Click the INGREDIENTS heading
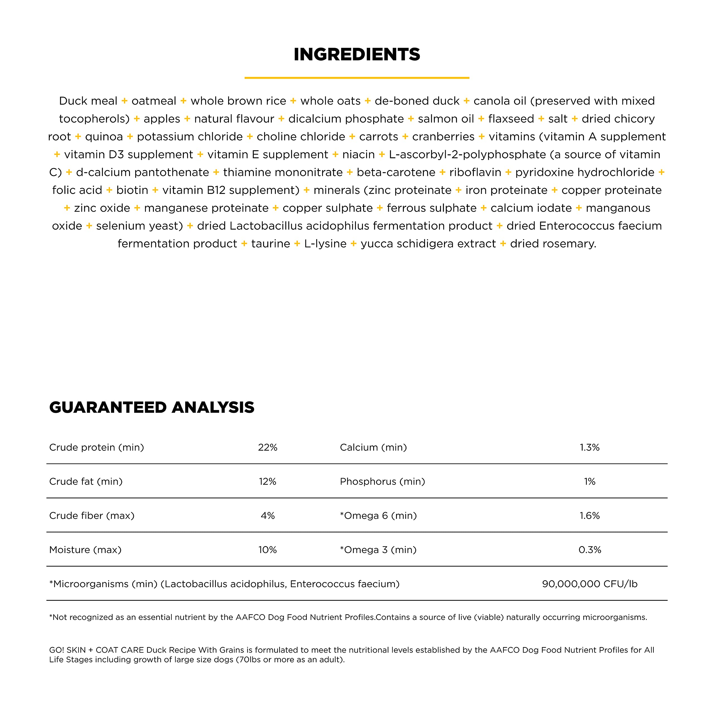tap(357, 54)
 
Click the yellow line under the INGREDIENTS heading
tap(357, 78)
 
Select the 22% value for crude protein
tap(267, 448)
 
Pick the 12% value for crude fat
tap(267, 482)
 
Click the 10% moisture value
tap(267, 550)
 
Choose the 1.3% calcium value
tap(589, 448)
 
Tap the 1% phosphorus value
tap(589, 482)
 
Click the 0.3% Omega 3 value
tap(589, 550)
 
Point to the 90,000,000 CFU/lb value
tap(589, 584)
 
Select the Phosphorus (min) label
tap(382, 482)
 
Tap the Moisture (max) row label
tap(85, 550)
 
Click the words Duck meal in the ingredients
tap(88, 101)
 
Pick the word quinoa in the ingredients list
tap(104, 137)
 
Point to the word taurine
tap(271, 244)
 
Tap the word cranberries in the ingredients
tap(443, 137)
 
